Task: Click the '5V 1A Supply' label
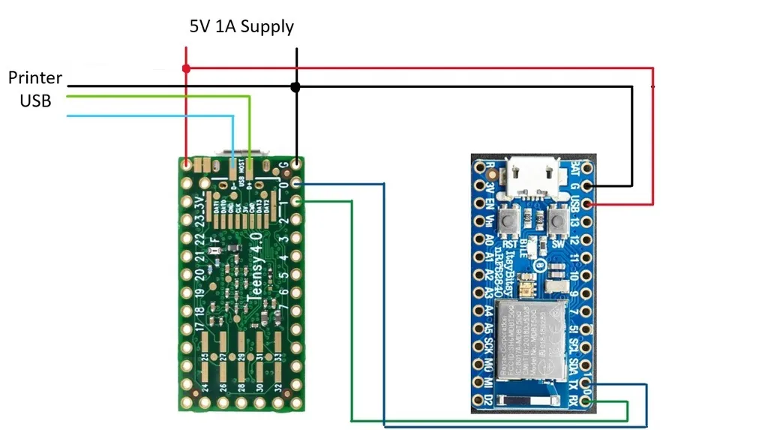click(241, 27)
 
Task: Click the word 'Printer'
click(35, 77)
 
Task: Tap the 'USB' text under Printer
click(35, 101)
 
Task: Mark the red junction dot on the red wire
click(186, 69)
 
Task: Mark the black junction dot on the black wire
click(296, 87)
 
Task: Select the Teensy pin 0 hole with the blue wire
click(297, 184)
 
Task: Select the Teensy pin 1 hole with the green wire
click(297, 201)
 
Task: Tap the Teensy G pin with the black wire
click(297, 163)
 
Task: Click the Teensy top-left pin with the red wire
click(187, 163)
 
